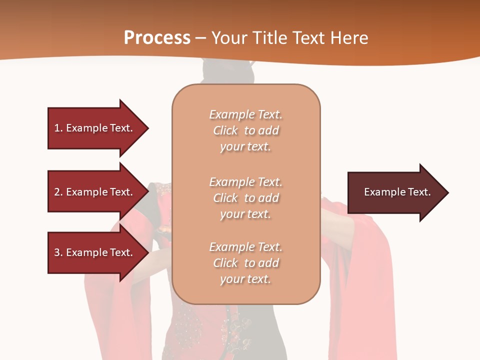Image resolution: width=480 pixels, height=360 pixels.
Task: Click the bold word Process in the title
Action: click(157, 38)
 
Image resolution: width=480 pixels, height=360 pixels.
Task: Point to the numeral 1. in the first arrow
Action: click(58, 128)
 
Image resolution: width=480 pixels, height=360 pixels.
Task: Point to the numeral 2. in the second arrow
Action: click(58, 192)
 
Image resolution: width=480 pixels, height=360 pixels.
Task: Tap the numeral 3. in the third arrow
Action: click(58, 252)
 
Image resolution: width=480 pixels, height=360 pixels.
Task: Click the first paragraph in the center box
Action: click(245, 130)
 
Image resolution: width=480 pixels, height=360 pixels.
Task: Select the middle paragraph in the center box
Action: click(245, 198)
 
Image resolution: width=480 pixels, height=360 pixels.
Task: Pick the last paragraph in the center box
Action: click(245, 263)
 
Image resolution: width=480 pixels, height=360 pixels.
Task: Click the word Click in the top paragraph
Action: click(225, 130)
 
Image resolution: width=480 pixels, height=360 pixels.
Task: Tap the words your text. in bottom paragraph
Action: click(245, 279)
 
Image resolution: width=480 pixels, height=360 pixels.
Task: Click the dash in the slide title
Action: click(201, 38)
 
